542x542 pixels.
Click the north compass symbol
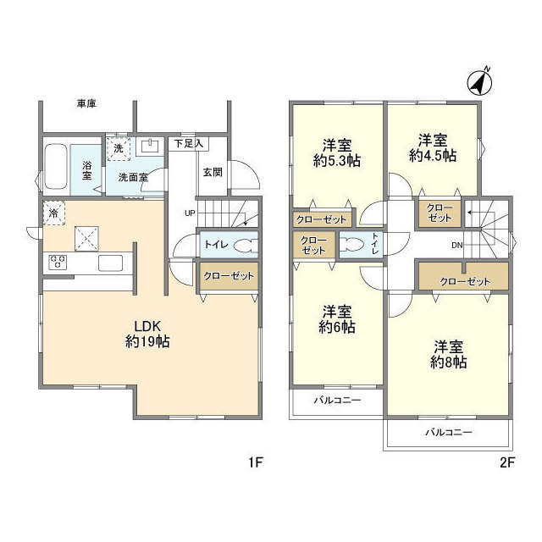pos(479,83)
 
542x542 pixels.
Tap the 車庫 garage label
pos(86,103)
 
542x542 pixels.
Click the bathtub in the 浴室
pos(56,166)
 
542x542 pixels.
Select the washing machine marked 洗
pos(119,149)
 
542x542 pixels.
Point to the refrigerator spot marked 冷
pos(54,213)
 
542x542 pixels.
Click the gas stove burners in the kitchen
pos(58,262)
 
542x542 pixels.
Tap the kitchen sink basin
pos(111,263)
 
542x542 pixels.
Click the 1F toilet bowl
pos(246,246)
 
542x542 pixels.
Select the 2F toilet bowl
pos(351,244)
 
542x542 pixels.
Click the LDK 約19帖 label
pos(147,334)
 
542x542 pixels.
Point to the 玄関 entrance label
pos(213,172)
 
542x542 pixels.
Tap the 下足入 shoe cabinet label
pos(188,144)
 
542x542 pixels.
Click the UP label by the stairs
pos(190,213)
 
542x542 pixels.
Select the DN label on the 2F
pos(457,246)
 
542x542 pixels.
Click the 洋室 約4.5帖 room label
pos(433,148)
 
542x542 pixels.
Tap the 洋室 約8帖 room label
pos(449,354)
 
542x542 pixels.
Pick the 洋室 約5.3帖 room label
pos(337,152)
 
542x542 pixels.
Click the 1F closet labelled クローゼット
pos(229,276)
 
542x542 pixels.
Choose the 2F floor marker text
pos(507,462)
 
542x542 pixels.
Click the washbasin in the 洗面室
pos(151,146)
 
